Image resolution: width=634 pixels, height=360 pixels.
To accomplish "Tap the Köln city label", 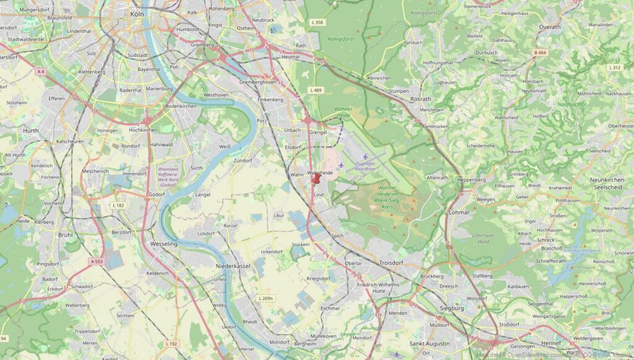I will [137, 13].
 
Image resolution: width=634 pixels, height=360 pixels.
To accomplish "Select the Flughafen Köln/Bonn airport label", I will [366, 166].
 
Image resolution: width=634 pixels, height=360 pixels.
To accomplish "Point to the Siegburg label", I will [451, 308].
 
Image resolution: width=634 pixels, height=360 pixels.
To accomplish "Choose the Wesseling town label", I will [163, 244].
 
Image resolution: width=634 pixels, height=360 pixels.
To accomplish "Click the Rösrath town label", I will [420, 99].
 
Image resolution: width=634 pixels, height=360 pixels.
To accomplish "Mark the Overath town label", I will [549, 27].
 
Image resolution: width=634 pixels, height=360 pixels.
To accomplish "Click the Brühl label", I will [65, 235].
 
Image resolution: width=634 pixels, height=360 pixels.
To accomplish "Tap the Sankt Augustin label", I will [429, 343].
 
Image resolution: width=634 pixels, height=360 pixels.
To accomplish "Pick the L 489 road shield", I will [316, 90].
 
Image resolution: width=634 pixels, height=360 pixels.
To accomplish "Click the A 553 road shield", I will [97, 261].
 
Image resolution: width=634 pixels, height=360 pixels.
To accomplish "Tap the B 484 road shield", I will [540, 53].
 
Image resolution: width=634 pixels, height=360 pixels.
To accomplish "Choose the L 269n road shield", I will [265, 299].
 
